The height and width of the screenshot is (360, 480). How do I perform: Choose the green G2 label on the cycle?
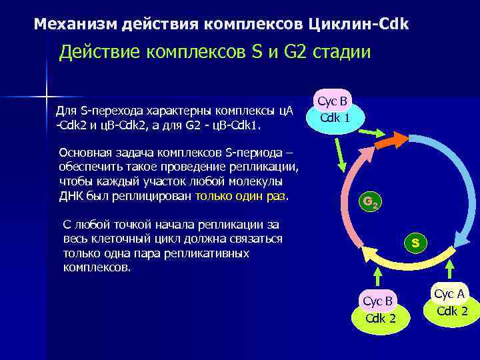(x=369, y=202)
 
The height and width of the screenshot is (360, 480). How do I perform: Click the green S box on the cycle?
(x=415, y=243)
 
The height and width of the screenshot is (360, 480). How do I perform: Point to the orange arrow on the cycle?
(x=394, y=141)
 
